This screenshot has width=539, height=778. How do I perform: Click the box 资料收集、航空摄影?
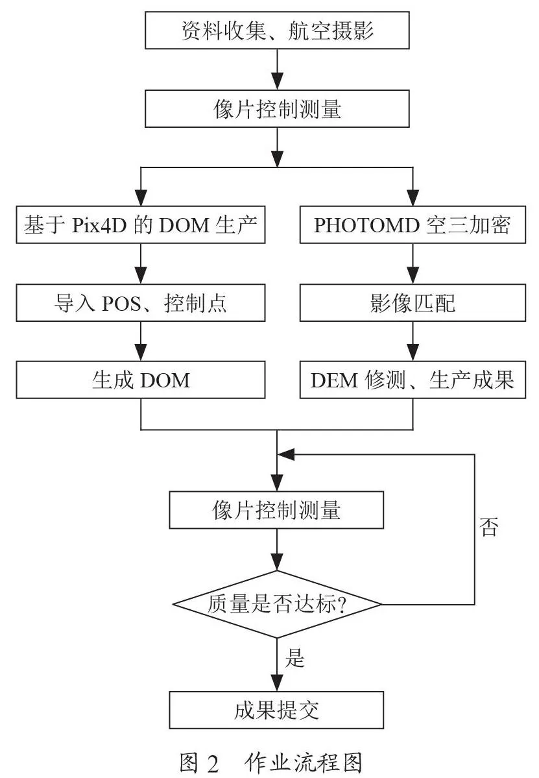coord(277,30)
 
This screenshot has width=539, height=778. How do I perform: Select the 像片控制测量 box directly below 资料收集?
coord(277,108)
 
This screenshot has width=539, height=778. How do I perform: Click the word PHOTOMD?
coord(367,225)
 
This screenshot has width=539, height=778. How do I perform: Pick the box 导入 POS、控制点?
coord(140,302)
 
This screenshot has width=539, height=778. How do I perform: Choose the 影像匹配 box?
coord(413,302)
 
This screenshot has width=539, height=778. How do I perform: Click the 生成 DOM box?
coord(140,380)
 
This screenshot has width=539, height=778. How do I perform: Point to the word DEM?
coord(334,381)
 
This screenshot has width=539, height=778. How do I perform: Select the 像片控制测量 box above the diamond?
coord(276,510)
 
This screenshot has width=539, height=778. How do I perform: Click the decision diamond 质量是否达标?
coord(277,604)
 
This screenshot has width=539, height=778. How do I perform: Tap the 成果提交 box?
coord(276,710)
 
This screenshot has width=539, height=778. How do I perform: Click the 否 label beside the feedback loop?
coord(488,526)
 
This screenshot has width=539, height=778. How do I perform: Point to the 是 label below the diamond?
coord(294,658)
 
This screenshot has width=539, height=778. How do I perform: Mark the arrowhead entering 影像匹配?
coord(413,275)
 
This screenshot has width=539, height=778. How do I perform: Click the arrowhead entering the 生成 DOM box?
coord(141,353)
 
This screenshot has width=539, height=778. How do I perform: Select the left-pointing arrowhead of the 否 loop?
coord(286,454)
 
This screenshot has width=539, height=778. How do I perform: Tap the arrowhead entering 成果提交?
coord(277,683)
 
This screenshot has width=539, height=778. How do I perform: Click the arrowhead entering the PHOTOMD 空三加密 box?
coord(413,198)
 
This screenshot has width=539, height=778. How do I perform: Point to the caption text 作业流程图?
coord(304,763)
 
